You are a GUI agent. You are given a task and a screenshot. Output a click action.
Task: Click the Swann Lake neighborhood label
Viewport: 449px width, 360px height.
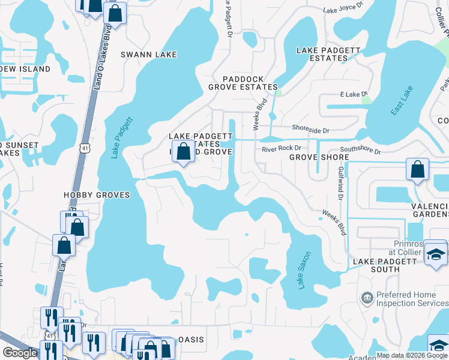point(149,55)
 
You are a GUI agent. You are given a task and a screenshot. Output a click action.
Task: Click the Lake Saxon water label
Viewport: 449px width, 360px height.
point(304,270)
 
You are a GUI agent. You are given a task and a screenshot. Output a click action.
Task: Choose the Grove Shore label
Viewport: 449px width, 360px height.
point(319,157)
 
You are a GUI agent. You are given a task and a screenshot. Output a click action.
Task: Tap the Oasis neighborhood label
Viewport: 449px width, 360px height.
point(190,340)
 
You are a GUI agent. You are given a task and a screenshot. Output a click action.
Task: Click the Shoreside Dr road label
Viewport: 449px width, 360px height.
point(310,129)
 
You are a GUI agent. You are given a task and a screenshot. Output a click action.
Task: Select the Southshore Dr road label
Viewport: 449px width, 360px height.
point(360,151)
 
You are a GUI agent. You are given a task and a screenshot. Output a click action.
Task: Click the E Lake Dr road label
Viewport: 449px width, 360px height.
point(353,94)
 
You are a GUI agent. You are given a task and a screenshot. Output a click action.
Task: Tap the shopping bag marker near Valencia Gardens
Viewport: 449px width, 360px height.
point(417,170)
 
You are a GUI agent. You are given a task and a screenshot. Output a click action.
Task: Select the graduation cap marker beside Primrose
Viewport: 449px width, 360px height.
point(436,253)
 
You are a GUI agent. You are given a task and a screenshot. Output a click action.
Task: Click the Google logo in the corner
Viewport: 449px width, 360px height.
point(20,353)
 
